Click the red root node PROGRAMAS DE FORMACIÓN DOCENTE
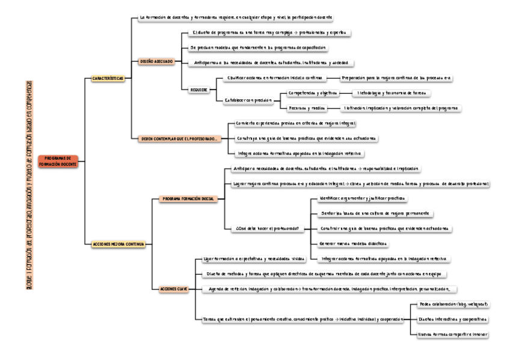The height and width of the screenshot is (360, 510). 58,160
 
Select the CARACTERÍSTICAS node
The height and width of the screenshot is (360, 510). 108,78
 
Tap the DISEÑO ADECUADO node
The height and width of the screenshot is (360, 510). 156,61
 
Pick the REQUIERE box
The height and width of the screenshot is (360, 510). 199,90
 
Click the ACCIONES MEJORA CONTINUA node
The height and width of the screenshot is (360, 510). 118,244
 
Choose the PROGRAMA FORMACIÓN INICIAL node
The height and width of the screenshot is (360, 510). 188,198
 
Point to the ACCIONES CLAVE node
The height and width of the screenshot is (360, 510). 173,289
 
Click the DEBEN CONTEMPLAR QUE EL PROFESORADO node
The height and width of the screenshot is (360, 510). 179,138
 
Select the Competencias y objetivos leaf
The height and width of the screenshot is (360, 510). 312,93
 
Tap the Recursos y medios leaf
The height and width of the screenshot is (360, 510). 307,108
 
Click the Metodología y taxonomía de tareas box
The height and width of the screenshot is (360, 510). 392,93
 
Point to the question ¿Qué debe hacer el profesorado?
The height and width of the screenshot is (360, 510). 266,228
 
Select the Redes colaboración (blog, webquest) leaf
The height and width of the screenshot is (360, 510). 453,304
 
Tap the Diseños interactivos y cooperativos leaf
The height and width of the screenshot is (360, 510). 452,319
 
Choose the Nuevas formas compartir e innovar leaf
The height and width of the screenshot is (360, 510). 452,334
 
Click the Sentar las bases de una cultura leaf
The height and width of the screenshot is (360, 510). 375,213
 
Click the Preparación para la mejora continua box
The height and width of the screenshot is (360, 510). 396,78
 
